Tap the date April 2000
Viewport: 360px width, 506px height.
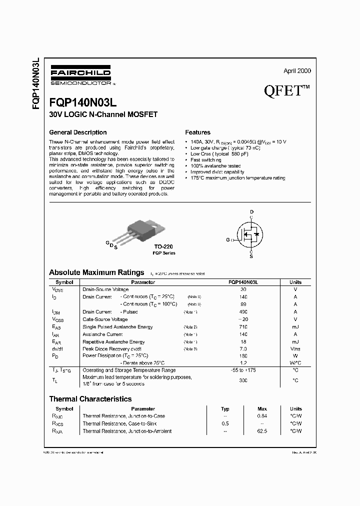pyautogui.click(x=297, y=71)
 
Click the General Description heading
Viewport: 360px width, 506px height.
pyautogui.click(x=77, y=132)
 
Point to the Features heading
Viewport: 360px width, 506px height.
pyautogui.click(x=197, y=132)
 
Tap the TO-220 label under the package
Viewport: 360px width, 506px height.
pyautogui.click(x=164, y=246)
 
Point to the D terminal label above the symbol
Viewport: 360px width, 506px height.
pyautogui.click(x=252, y=212)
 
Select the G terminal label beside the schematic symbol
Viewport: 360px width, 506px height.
pyautogui.click(x=228, y=240)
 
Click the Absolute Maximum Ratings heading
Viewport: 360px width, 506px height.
pyautogui.click(x=96, y=272)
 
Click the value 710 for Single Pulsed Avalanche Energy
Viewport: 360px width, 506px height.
pyautogui.click(x=243, y=326)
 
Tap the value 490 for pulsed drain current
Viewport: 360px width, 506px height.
pyautogui.click(x=243, y=311)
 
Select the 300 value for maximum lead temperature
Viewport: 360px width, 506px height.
pyautogui.click(x=243, y=380)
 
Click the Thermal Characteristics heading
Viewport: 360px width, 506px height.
pyautogui.click(x=90, y=399)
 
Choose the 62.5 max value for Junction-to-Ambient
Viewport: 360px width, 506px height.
pyautogui.click(x=262, y=430)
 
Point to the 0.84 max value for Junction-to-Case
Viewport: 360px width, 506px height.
pyautogui.click(x=262, y=416)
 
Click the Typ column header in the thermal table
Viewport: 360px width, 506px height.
pyautogui.click(x=225, y=408)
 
